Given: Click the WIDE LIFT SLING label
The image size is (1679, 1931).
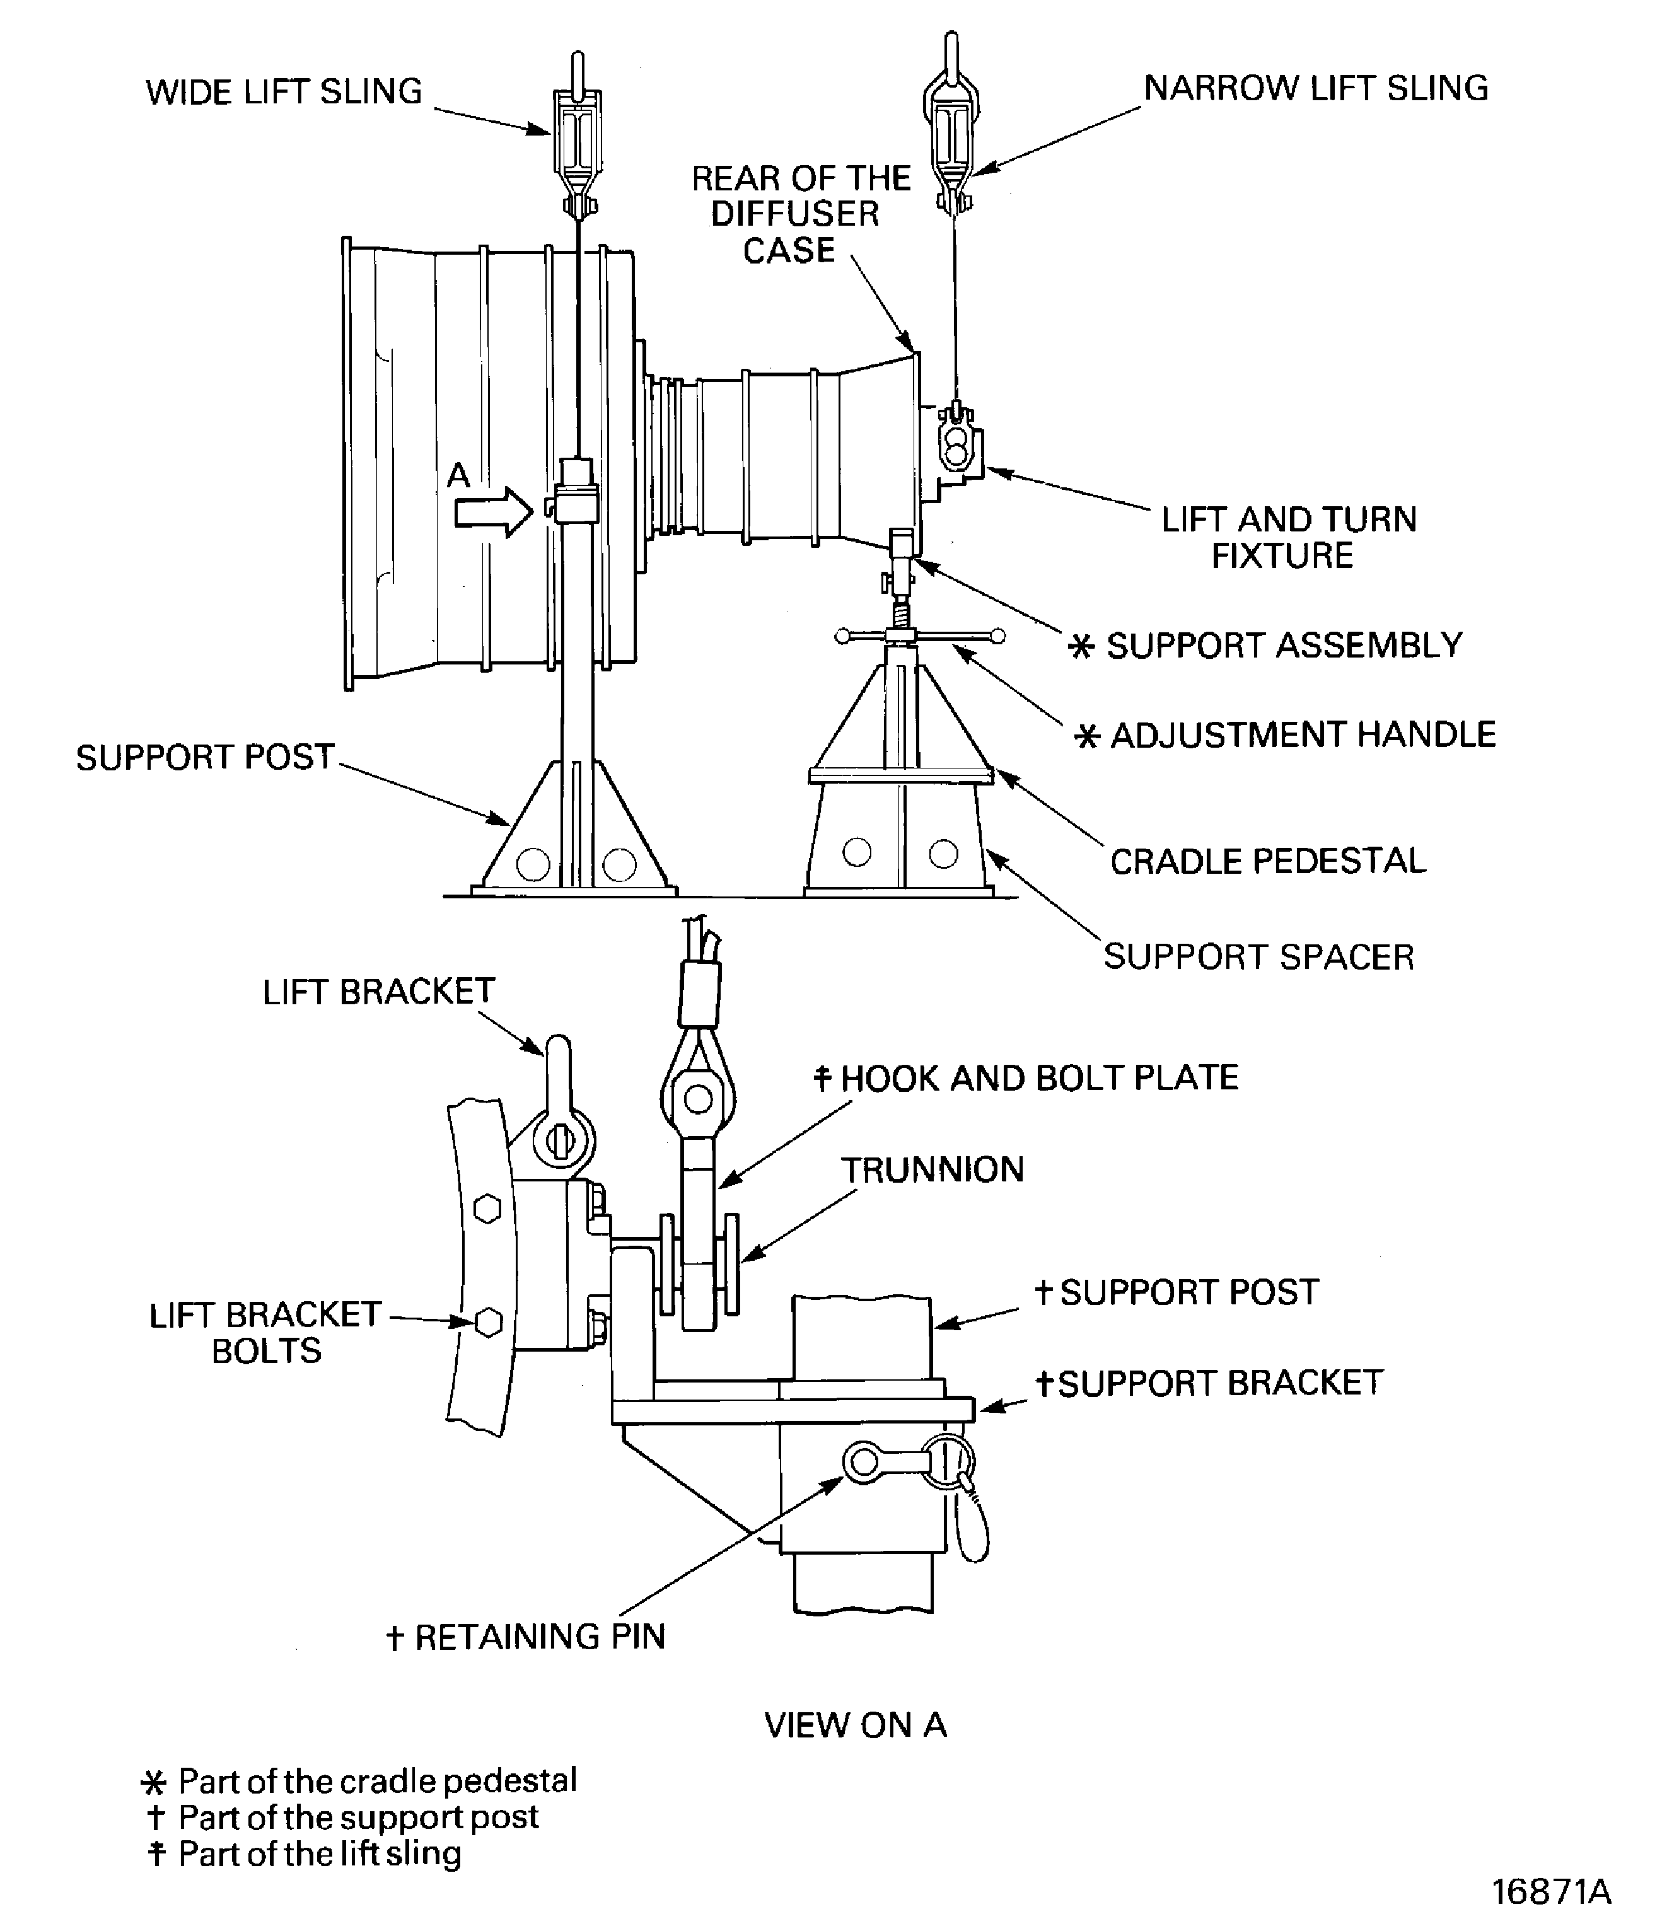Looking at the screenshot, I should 284,92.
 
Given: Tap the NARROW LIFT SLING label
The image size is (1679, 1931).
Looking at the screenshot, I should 1315,88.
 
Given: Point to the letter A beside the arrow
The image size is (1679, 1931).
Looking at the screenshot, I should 458,476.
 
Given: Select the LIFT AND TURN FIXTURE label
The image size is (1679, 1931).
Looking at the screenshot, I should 1288,538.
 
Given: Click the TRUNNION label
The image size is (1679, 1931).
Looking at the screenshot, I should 932,1170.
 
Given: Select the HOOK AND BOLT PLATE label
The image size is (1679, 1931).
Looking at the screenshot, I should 1038,1079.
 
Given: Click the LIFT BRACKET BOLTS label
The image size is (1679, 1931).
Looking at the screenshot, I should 265,1332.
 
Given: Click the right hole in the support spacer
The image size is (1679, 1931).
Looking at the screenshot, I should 943,854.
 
